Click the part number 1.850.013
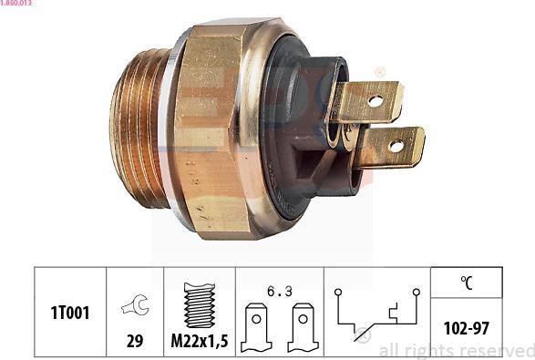tap(16, 4)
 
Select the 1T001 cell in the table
tap(70, 314)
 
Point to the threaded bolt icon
tap(199, 304)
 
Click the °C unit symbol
tap(466, 283)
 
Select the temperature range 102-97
tap(466, 327)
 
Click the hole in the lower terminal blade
tap(396, 145)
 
